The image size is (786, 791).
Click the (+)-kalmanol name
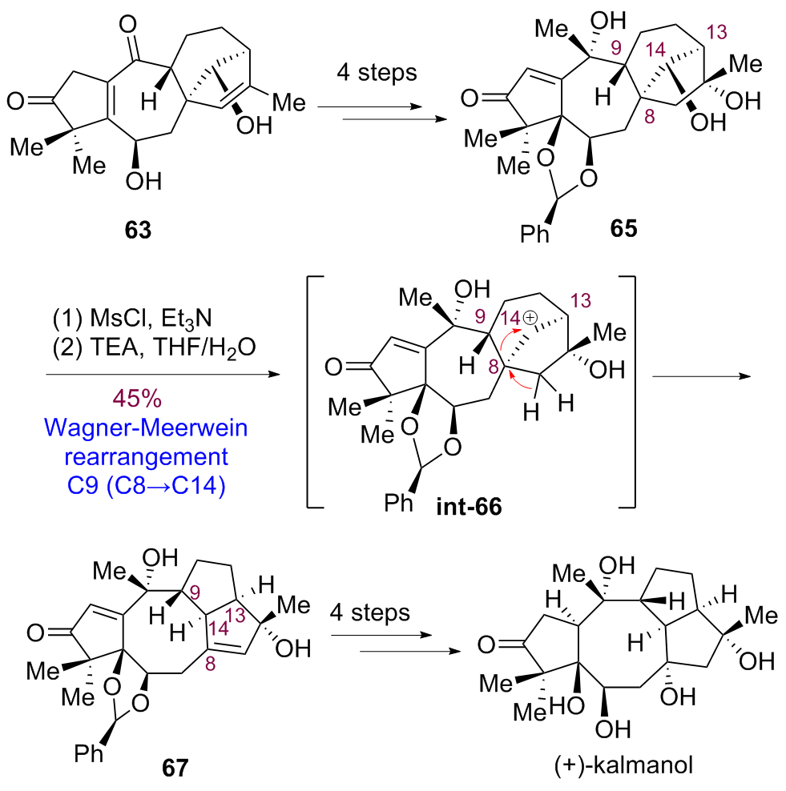[623, 765]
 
